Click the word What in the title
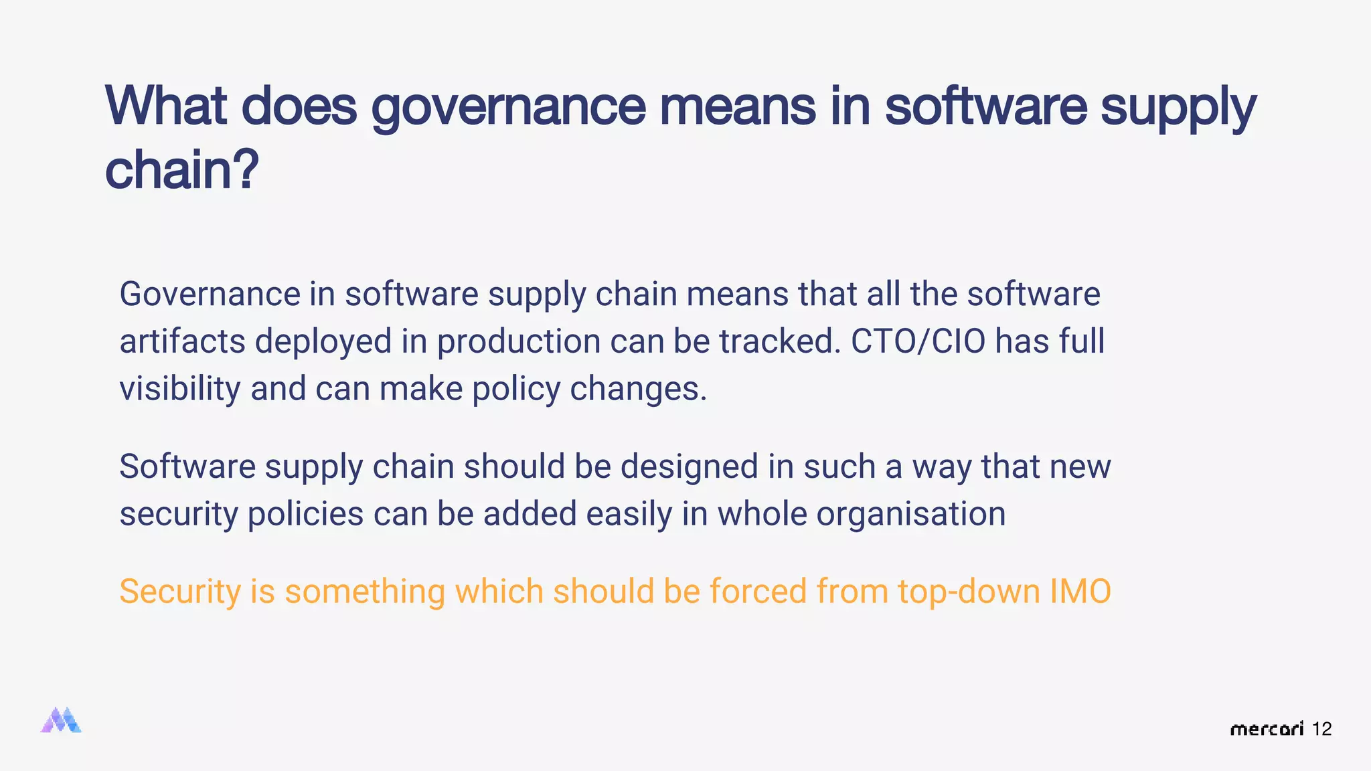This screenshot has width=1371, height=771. coord(166,106)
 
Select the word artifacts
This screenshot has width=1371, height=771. coord(182,341)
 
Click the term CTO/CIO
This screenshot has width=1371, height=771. coord(918,341)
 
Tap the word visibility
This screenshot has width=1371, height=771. coord(179,390)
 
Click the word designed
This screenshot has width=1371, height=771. coord(689,467)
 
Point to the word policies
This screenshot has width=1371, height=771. coord(305,515)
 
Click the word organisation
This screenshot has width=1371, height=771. coord(911,515)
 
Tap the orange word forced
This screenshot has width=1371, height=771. coord(758,592)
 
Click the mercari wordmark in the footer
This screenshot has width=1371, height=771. coord(1267,729)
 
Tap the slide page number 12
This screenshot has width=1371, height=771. coord(1321,729)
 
